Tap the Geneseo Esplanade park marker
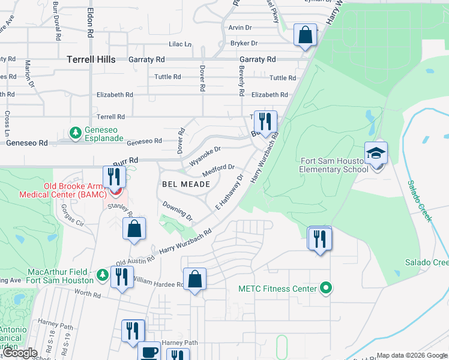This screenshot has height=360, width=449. (x=75, y=132)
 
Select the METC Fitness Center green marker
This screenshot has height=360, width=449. (x=327, y=289)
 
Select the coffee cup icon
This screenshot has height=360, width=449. (x=149, y=352)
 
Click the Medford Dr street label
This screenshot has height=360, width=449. (x=217, y=170)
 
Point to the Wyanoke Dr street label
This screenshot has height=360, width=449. (x=205, y=155)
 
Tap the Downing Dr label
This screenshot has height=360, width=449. (x=177, y=211)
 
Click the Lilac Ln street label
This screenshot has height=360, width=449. (x=179, y=44)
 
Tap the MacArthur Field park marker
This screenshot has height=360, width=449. (x=102, y=275)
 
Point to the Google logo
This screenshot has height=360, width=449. (x=20, y=353)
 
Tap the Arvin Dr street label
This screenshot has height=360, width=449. (x=240, y=28)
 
